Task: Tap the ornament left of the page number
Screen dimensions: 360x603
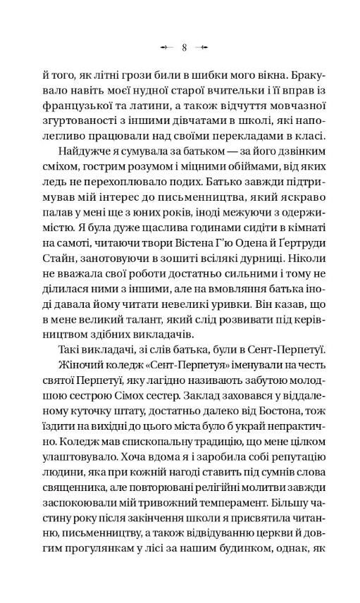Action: tap(166, 48)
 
